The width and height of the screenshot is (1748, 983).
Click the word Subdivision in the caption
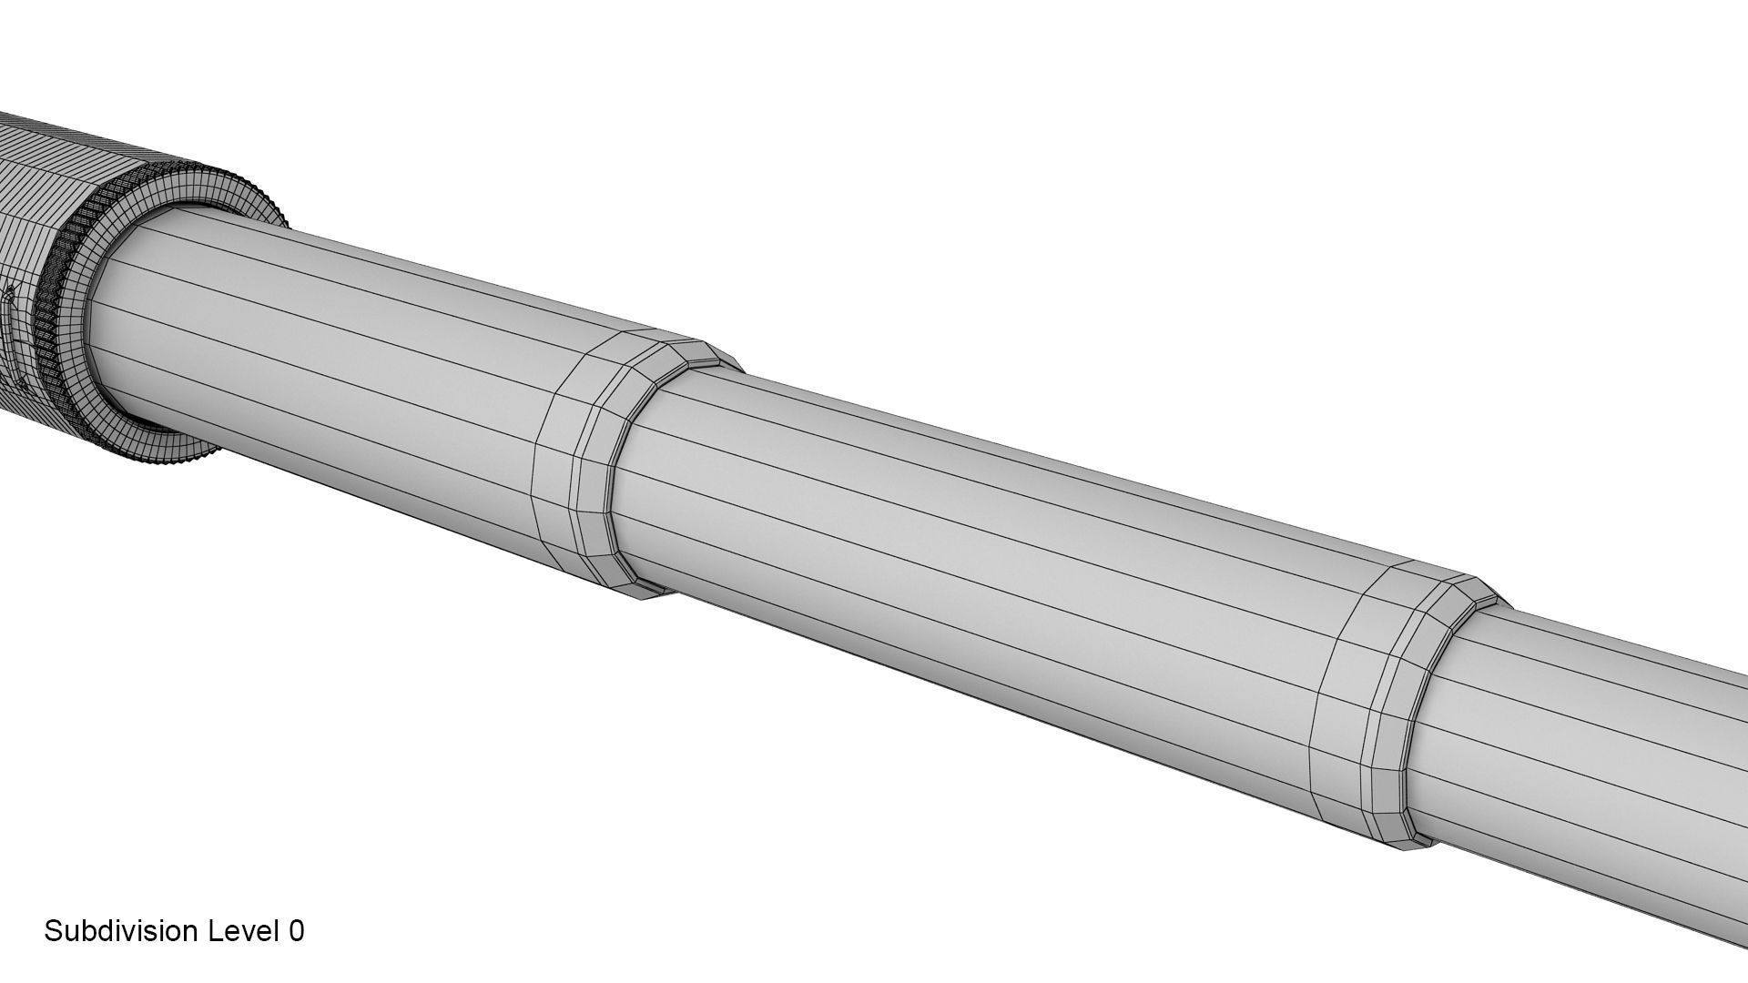[x=122, y=931]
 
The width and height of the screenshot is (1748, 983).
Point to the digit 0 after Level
[x=296, y=931]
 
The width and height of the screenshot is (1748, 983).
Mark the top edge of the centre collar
[x=674, y=339]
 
